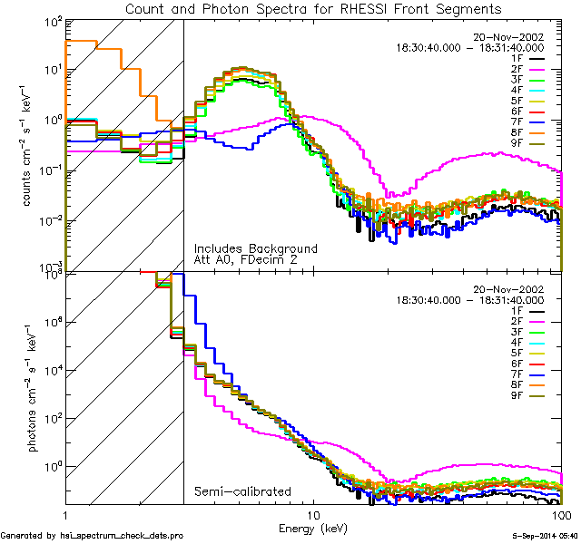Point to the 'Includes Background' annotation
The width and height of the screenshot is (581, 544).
[x=255, y=248]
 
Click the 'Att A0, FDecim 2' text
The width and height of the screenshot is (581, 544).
[x=245, y=259]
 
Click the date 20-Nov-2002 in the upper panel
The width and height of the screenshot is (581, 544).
[x=509, y=37]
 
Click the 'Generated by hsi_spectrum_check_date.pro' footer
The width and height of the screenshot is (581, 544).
[x=92, y=536]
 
